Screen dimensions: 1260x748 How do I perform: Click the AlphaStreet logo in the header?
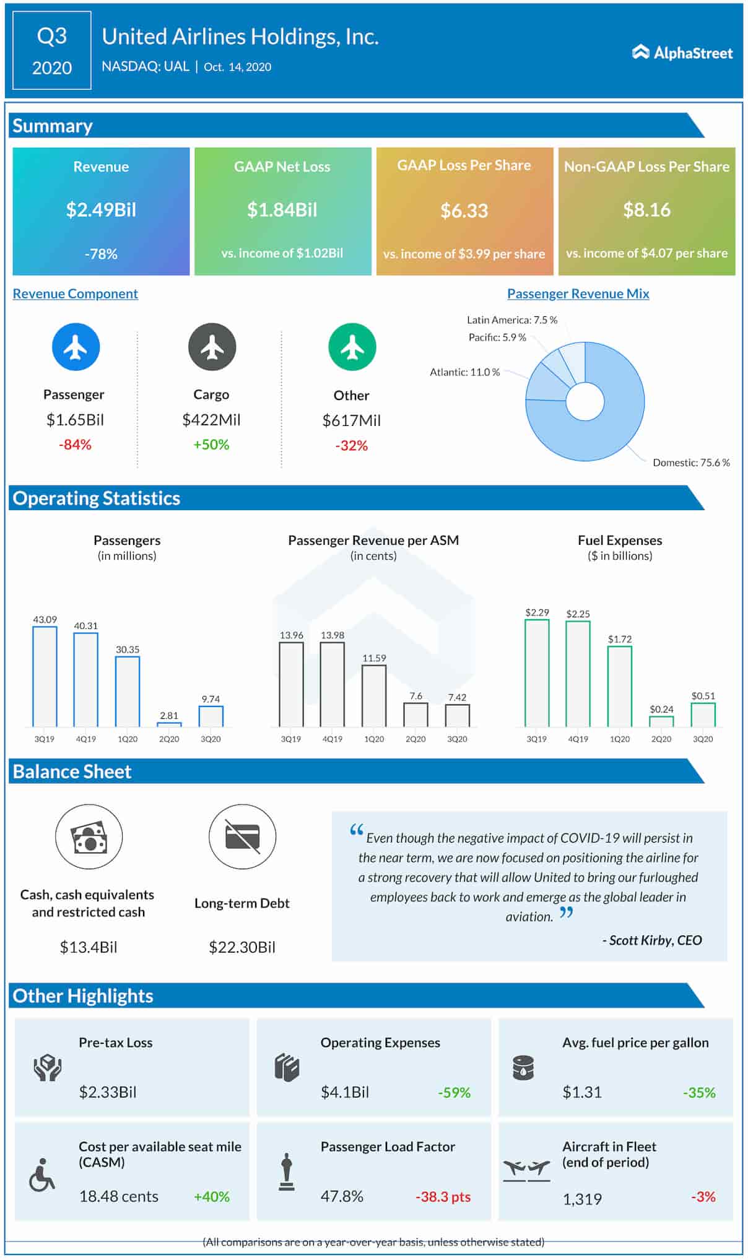pos(682,53)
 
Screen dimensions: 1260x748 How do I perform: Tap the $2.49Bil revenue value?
pos(101,210)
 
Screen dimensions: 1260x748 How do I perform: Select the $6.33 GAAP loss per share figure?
pos(464,211)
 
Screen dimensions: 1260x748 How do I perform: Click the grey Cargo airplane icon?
pos(212,347)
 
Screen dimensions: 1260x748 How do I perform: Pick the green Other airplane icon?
pos(352,347)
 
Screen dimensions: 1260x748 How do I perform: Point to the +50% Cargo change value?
pos(211,445)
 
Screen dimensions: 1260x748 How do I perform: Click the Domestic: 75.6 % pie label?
pos(691,463)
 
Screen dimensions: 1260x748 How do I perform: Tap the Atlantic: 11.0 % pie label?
pos(464,372)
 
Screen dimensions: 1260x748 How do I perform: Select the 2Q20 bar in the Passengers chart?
pos(169,724)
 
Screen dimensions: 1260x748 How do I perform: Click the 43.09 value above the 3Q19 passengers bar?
pos(45,619)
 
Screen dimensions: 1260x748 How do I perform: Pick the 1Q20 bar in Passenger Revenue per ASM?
pos(374,696)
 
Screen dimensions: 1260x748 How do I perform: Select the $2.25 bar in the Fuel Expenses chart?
pos(578,674)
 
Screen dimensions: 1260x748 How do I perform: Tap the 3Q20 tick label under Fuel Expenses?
pos(703,739)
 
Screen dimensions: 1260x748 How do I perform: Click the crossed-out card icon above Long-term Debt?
pos(242,837)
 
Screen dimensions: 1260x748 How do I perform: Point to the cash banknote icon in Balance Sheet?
pos(89,837)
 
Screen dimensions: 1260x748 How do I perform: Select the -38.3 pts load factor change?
pos(443,1197)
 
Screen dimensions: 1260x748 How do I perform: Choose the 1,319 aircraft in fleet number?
pos(582,1199)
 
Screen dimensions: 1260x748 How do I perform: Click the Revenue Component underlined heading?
pos(76,293)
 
